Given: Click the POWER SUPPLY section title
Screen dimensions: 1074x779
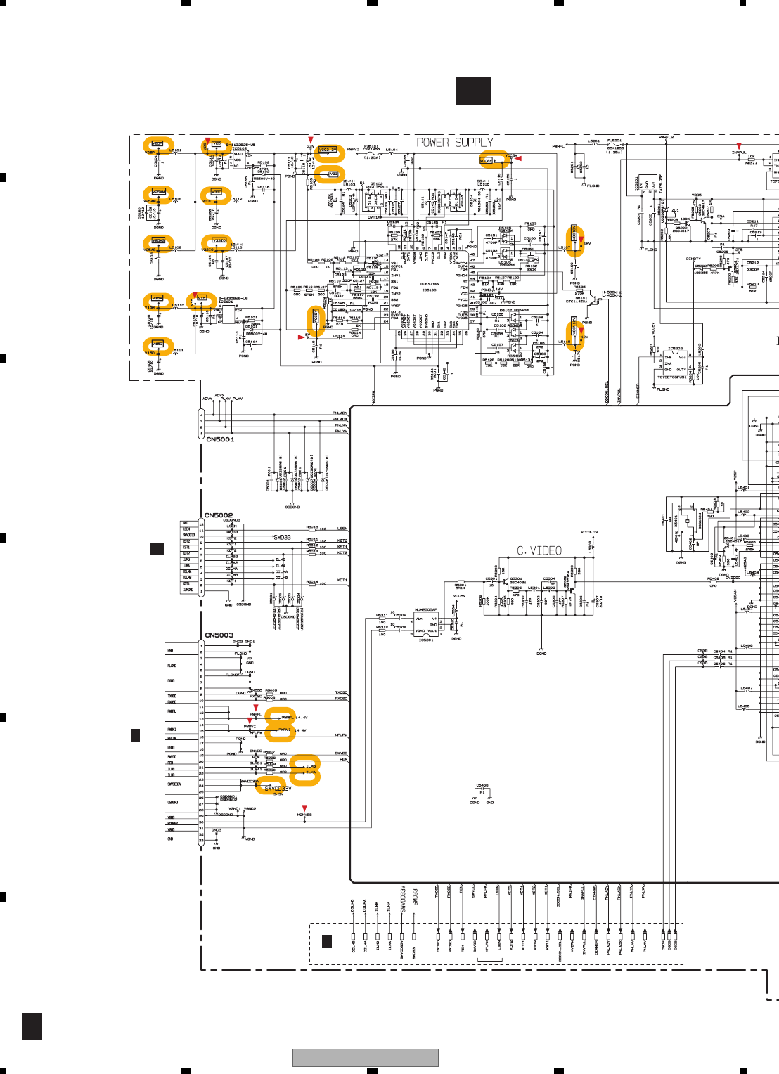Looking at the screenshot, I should click(454, 143).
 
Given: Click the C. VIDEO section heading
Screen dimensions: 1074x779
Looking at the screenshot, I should click(539, 550).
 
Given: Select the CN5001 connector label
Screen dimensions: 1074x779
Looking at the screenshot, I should click(220, 439).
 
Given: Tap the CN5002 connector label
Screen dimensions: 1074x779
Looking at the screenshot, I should click(219, 515).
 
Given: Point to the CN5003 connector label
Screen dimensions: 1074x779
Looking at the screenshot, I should click(219, 635).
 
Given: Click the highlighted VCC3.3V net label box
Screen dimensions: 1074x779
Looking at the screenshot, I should click(328, 150).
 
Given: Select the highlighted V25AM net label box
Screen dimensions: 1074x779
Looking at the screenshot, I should click(158, 192).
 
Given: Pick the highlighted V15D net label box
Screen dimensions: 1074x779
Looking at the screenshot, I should click(157, 344).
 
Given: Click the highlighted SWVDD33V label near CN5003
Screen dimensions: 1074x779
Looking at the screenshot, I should click(277, 789).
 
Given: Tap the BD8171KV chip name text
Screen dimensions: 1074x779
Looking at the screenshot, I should click(430, 284).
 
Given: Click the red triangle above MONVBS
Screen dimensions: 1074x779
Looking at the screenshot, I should click(304, 808).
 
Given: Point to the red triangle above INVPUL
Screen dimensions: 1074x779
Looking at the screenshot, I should click(739, 146).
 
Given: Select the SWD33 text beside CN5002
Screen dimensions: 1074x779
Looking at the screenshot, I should click(281, 538).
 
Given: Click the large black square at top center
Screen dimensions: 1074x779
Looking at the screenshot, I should click(473, 91).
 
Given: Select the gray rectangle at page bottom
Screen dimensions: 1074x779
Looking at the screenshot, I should click(366, 1057).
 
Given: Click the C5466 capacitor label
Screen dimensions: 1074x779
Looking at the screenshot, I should click(482, 786).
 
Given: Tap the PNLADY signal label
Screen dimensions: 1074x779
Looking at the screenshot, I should click(340, 413).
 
